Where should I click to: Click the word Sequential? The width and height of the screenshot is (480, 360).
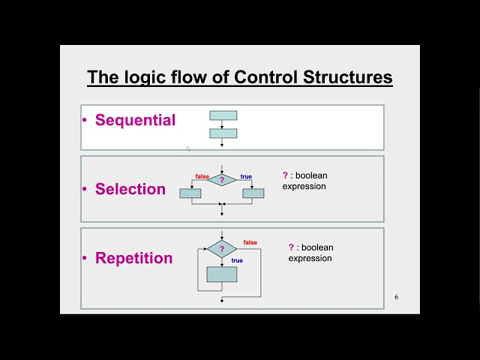(135, 120)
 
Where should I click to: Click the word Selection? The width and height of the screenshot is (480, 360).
(130, 189)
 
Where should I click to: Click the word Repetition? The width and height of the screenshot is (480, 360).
(133, 258)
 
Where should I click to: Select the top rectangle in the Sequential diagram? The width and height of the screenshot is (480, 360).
(223, 115)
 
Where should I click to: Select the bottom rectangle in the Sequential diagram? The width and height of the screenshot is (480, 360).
(223, 133)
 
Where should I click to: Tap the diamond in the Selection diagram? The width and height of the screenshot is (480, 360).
(222, 180)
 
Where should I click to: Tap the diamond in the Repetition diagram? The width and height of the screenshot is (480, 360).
(222, 249)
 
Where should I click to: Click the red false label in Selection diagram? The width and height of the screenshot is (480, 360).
(202, 176)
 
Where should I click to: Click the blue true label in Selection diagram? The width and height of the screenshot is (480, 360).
(246, 177)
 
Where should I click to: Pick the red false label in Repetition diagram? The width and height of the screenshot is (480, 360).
(250, 243)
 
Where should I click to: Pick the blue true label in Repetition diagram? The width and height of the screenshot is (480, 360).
(237, 260)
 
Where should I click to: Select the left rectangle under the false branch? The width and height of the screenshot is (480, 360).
(190, 193)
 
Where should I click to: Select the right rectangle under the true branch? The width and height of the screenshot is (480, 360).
(253, 193)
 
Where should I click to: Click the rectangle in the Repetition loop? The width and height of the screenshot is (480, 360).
(222, 274)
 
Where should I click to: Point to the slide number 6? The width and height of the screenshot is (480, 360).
(397, 297)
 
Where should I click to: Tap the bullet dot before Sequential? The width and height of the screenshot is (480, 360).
(85, 120)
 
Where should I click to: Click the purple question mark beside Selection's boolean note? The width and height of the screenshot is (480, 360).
(285, 175)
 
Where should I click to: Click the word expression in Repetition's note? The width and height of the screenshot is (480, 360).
(310, 258)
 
